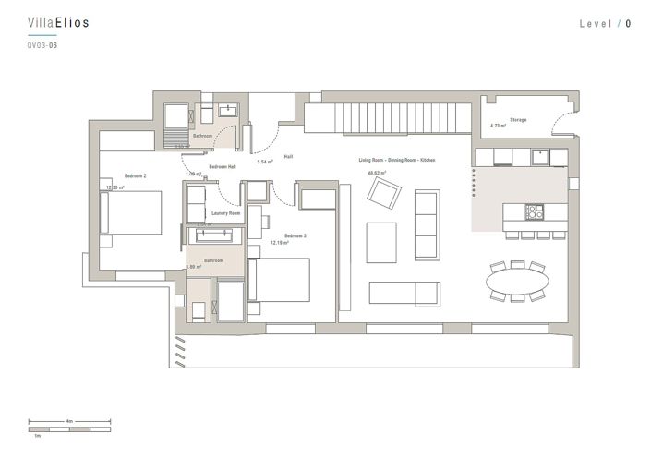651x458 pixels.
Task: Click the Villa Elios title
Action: click(x=59, y=23)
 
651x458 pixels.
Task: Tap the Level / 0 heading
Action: click(x=605, y=24)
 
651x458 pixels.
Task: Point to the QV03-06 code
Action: click(x=42, y=44)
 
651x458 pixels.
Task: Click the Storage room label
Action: click(x=517, y=120)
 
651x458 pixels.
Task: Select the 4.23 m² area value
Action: click(x=498, y=127)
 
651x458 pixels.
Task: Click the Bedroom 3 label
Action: click(x=295, y=235)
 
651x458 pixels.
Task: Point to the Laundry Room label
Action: click(x=225, y=213)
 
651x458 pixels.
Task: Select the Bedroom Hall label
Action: click(x=223, y=166)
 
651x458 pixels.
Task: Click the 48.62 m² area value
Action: click(x=377, y=173)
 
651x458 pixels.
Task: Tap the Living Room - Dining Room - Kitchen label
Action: click(x=397, y=160)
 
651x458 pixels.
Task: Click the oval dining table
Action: click(x=517, y=279)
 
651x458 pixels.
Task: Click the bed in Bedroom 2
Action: click(x=135, y=213)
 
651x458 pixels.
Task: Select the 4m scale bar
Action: click(x=70, y=428)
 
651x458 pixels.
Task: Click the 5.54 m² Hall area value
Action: click(x=265, y=162)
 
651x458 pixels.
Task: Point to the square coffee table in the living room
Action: click(x=381, y=242)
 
